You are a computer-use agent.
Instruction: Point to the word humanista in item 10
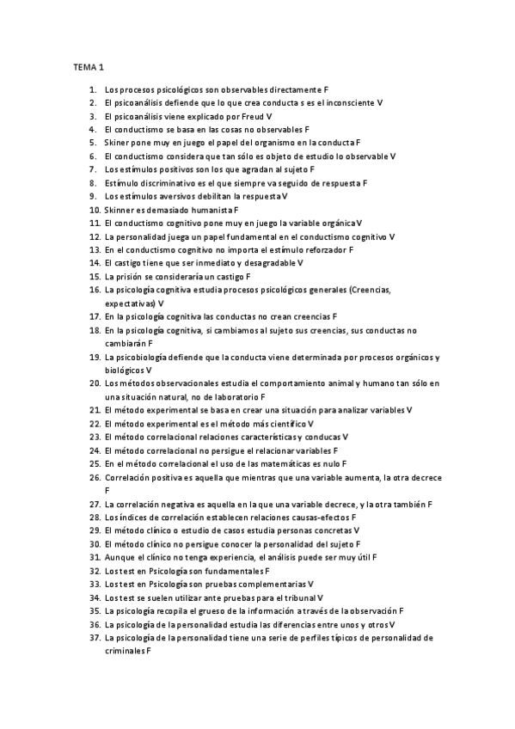click(212, 209)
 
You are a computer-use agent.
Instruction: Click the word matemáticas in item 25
click(296, 464)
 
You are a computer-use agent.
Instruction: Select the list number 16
click(95, 291)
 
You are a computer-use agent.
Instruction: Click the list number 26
click(95, 478)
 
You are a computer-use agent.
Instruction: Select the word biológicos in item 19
click(125, 371)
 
